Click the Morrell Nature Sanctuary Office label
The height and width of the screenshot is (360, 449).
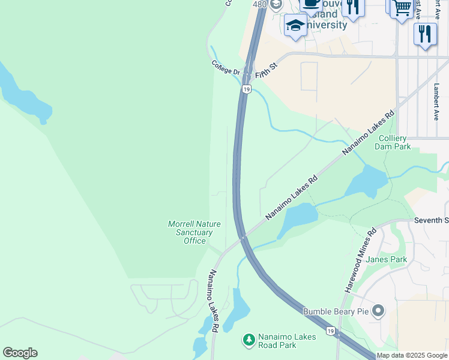pos(194,232)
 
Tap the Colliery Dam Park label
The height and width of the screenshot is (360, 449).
pos(393,142)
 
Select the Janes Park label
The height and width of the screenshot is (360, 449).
pos(386,259)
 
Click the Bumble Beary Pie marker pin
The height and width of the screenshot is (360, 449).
pos(378,311)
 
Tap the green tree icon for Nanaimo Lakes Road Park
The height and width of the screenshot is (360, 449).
pos(249,341)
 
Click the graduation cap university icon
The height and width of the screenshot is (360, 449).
pos(295,25)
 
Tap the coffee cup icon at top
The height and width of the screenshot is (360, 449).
pos(311,4)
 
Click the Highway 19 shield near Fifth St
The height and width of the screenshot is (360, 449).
pos(246,89)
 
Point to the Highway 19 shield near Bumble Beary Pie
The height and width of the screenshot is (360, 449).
pos(331,331)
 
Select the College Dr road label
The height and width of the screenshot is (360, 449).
pos(226,67)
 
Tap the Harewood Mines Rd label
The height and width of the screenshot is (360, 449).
pos(360,260)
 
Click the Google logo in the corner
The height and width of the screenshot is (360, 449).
pos(20,353)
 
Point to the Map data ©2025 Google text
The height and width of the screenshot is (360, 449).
pos(412,355)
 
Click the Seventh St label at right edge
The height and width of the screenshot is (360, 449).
pos(431,221)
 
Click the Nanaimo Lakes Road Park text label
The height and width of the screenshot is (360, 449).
pos(287,341)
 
